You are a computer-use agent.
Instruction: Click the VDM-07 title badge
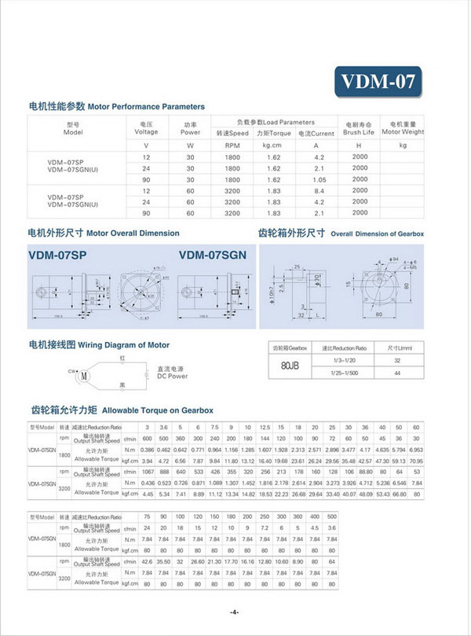pos(377,80)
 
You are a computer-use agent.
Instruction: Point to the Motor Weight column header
pos(403,127)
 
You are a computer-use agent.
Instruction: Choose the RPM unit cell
pos(232,145)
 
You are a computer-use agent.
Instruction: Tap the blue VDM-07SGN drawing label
pos(212,254)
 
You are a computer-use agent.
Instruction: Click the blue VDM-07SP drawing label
pos(57,254)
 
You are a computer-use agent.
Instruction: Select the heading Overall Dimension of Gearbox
pos(377,233)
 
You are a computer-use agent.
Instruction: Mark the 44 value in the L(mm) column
pos(397,372)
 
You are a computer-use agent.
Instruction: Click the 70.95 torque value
pos(417,461)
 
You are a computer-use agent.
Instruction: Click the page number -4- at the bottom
pos(235,612)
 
